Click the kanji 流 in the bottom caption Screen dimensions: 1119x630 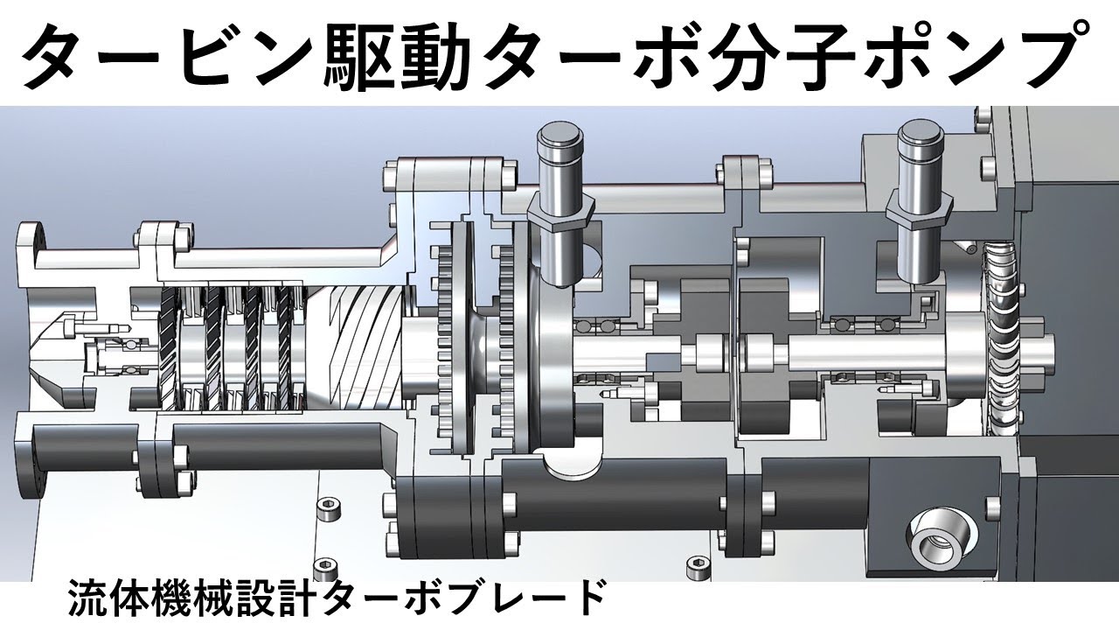coord(87,598)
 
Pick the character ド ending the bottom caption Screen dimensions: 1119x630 coord(586,598)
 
